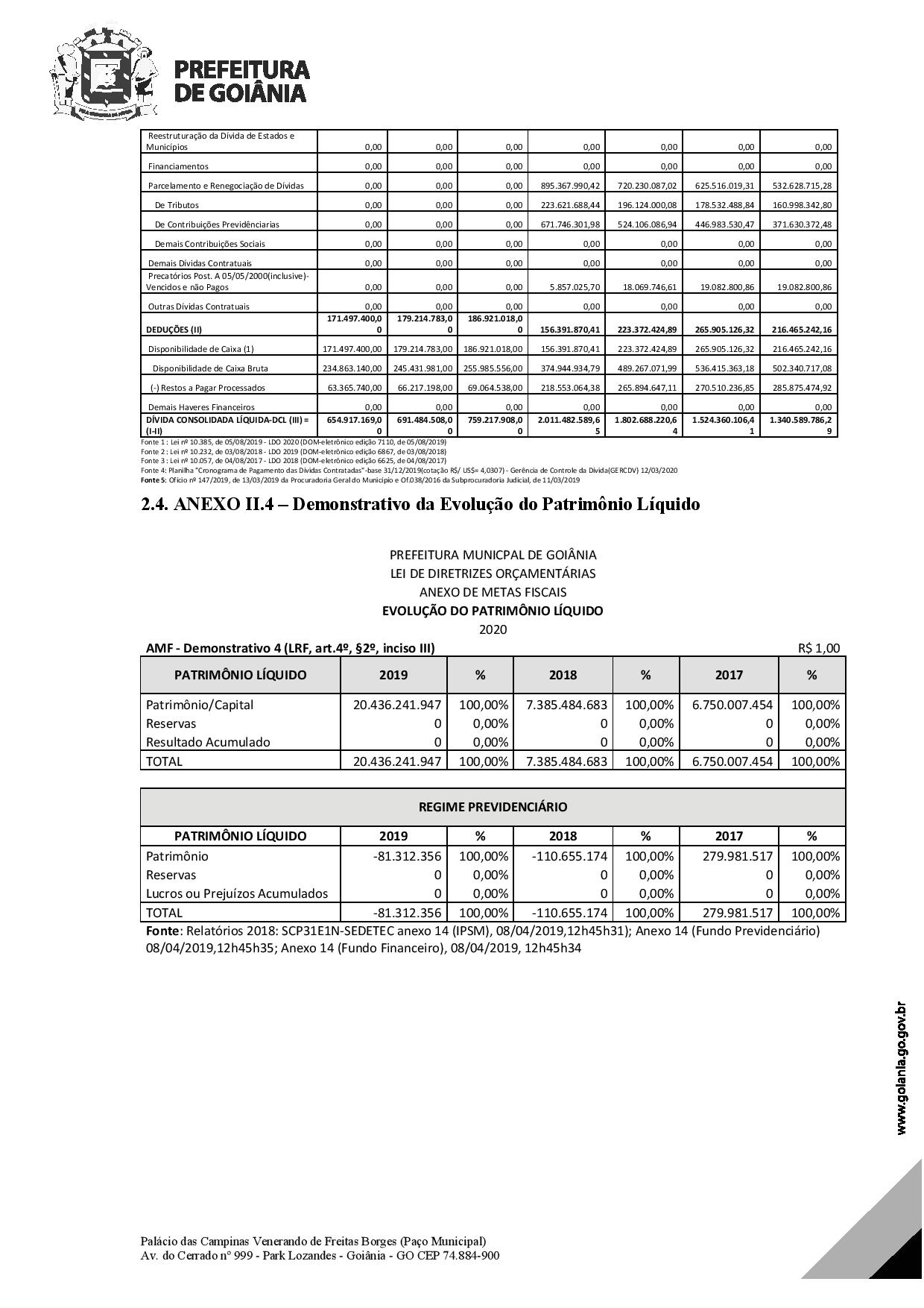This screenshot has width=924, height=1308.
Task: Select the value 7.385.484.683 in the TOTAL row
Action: (566, 761)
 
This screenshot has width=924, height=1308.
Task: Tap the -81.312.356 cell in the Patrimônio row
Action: (407, 856)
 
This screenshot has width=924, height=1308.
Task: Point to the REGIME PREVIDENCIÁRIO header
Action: (493, 807)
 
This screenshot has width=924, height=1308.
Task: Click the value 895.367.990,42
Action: (569, 186)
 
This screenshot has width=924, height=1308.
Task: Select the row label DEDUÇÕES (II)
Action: (174, 330)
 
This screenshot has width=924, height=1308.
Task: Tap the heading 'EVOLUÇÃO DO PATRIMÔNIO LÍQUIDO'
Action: (493, 611)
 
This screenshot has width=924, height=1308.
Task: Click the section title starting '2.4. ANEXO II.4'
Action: (420, 505)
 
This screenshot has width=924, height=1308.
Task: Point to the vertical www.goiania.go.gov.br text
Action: (902, 1068)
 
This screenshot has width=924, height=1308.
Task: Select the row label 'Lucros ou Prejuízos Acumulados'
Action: (237, 893)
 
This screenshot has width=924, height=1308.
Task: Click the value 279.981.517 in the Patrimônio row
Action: (738, 856)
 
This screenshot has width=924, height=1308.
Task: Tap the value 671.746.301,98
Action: (569, 224)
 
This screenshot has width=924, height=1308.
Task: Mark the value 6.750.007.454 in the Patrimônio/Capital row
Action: (732, 705)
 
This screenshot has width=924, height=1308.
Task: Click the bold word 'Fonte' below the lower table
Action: (162, 931)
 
